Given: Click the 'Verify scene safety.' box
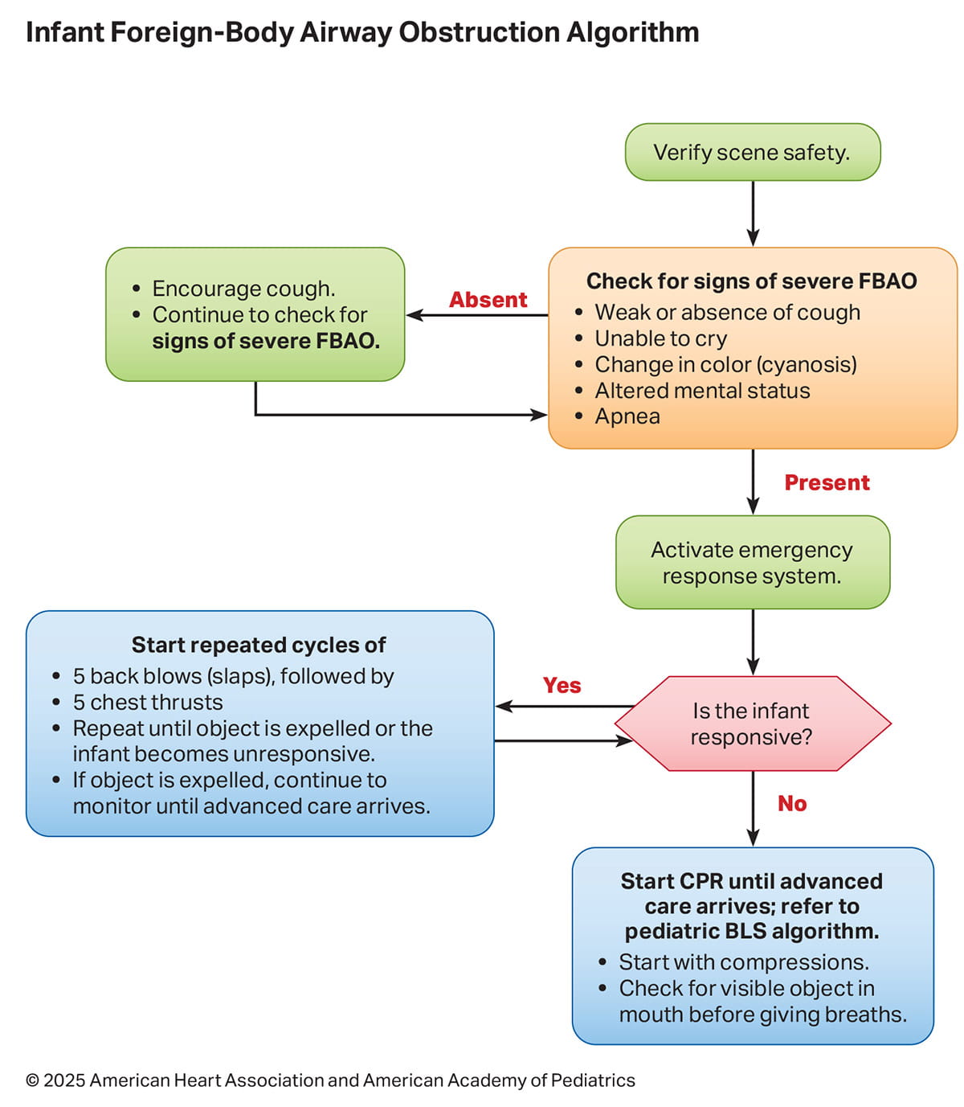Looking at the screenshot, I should [x=752, y=152].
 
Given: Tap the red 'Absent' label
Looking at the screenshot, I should [x=488, y=300].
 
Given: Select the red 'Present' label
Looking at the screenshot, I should [x=827, y=482].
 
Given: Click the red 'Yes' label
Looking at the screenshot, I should [x=562, y=685].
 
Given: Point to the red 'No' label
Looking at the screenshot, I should [x=791, y=803].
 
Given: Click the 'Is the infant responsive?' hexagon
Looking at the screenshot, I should [x=752, y=724].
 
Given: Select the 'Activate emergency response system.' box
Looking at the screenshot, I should [x=752, y=563].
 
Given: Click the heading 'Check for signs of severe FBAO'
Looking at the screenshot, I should [x=751, y=281].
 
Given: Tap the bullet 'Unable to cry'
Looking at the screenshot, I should [x=660, y=338].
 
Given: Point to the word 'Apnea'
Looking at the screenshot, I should [x=627, y=416].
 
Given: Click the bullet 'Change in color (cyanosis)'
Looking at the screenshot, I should [x=725, y=364].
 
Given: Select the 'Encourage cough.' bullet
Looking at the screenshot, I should [x=243, y=289].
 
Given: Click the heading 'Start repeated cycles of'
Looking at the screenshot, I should [x=259, y=645].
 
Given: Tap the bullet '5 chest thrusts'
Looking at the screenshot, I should [x=148, y=702].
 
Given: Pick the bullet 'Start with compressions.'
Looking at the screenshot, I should [x=743, y=961].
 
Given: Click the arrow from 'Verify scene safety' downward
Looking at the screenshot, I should [x=753, y=213].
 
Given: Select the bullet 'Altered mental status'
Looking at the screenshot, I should [x=702, y=391].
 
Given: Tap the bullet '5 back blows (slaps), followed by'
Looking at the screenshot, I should [x=233, y=676].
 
